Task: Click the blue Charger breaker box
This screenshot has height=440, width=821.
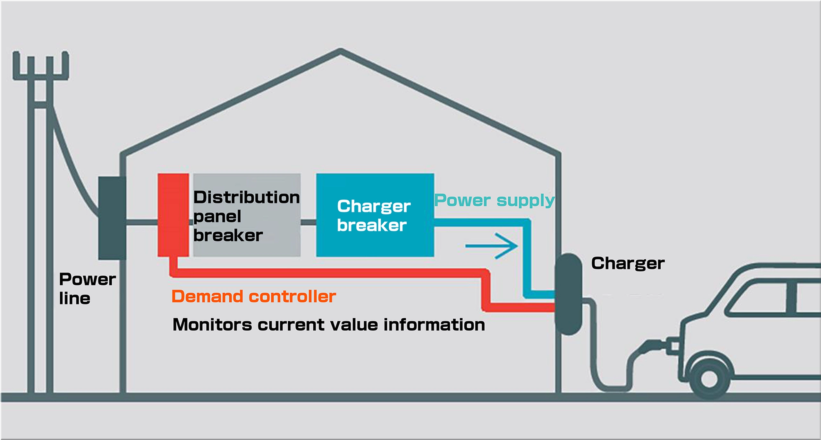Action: pyautogui.click(x=375, y=215)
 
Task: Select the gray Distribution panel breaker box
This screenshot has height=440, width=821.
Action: pyautogui.click(x=247, y=215)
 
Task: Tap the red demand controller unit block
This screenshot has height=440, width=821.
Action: pyautogui.click(x=173, y=215)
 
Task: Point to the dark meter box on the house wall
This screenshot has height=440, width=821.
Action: pyautogui.click(x=112, y=218)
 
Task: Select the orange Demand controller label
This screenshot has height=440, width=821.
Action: pyautogui.click(x=254, y=296)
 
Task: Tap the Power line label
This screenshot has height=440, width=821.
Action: pyautogui.click(x=87, y=289)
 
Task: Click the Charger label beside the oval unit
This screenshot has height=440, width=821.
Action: pyautogui.click(x=628, y=264)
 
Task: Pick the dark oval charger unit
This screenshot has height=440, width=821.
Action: pyautogui.click(x=568, y=294)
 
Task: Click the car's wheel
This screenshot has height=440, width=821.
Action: pyautogui.click(x=710, y=379)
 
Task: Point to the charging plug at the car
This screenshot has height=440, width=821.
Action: pyautogui.click(x=654, y=347)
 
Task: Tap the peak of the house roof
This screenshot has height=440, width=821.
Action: pyautogui.click(x=341, y=50)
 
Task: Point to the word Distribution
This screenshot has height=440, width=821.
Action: pyautogui.click(x=247, y=197)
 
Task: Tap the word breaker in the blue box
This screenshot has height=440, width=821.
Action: pyautogui.click(x=372, y=225)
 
